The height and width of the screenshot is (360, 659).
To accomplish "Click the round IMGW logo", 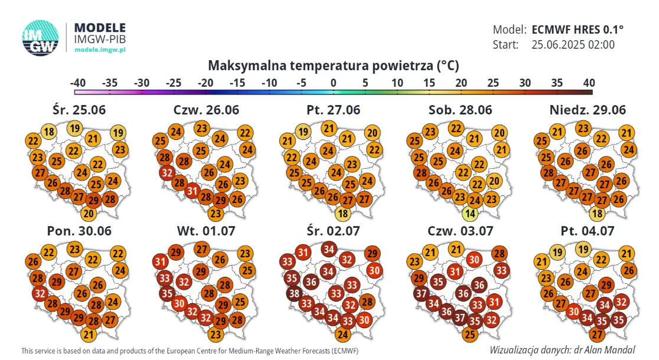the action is [x=40, y=38].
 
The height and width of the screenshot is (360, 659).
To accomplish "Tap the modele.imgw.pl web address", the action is [x=100, y=50].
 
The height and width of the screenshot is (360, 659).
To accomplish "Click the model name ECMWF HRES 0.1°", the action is [x=578, y=30].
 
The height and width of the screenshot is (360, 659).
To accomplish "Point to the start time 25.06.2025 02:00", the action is [x=573, y=44].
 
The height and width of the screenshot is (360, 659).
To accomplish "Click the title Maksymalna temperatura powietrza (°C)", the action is [x=333, y=66].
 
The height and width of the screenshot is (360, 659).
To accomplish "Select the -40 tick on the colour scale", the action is [x=78, y=83].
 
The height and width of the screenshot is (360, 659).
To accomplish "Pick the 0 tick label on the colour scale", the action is [x=333, y=83].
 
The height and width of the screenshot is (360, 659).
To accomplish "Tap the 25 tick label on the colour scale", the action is [x=493, y=83].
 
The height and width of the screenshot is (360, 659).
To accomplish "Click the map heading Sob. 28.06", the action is [x=460, y=110].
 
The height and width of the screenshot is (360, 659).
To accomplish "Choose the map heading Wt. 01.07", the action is [x=206, y=231].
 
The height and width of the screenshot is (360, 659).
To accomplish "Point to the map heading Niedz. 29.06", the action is [x=588, y=110].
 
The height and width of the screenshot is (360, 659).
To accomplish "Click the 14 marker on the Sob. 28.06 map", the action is [x=470, y=214].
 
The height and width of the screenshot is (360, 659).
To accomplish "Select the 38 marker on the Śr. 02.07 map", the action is [x=294, y=293].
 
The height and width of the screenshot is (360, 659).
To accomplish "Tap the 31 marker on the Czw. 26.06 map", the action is [x=193, y=191].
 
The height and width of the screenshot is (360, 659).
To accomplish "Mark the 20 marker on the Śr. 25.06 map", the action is [x=88, y=214].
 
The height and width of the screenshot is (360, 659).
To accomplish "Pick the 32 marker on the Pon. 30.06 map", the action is [x=40, y=293].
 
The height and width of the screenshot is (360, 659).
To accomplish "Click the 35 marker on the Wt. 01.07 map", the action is [x=167, y=293].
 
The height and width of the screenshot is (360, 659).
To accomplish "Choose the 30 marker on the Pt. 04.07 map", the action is [x=574, y=312].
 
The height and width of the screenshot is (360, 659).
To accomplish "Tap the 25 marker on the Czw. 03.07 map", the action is [x=470, y=335].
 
